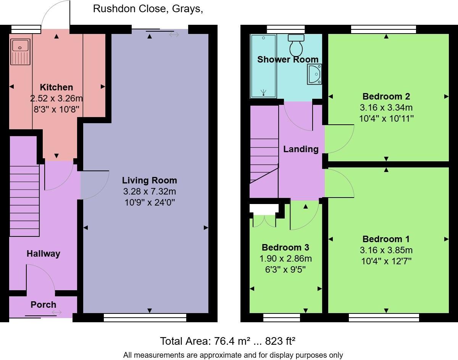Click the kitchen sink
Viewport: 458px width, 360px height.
20,51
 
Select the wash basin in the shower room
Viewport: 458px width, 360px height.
314,74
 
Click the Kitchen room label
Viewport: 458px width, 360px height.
56,87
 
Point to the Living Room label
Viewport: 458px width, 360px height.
149,180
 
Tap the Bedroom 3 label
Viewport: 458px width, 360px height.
285,247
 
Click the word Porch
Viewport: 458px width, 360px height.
44,304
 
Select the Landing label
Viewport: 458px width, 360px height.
301,149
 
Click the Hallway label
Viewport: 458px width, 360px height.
44,254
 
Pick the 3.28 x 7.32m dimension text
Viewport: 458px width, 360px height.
149,191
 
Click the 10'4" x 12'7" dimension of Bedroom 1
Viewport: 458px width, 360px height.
386,261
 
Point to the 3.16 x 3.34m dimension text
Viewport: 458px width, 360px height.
386,108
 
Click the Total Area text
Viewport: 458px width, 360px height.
227,341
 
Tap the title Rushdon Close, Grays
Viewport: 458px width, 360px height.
148,9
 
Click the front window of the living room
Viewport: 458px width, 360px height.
145,317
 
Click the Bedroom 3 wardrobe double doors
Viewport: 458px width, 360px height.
264,221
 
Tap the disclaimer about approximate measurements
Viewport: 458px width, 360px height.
233,355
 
